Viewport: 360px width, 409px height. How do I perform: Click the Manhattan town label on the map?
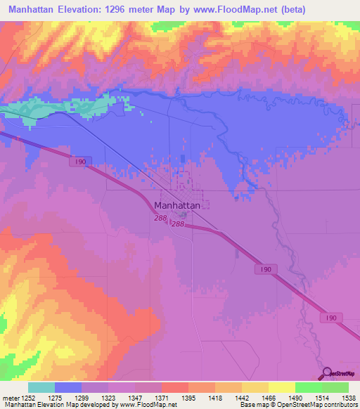coord(177,206)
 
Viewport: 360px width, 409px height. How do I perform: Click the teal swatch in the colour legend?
coord(41,387)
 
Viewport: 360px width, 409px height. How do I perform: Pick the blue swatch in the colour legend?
coord(68,387)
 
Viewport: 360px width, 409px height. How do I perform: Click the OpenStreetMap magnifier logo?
coord(327,372)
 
